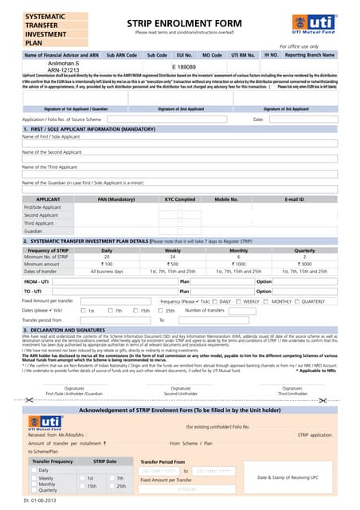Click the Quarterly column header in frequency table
tap(305, 250)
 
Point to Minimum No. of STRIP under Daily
tap(107, 257)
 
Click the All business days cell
tap(107, 271)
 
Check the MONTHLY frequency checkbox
tap(268, 301)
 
